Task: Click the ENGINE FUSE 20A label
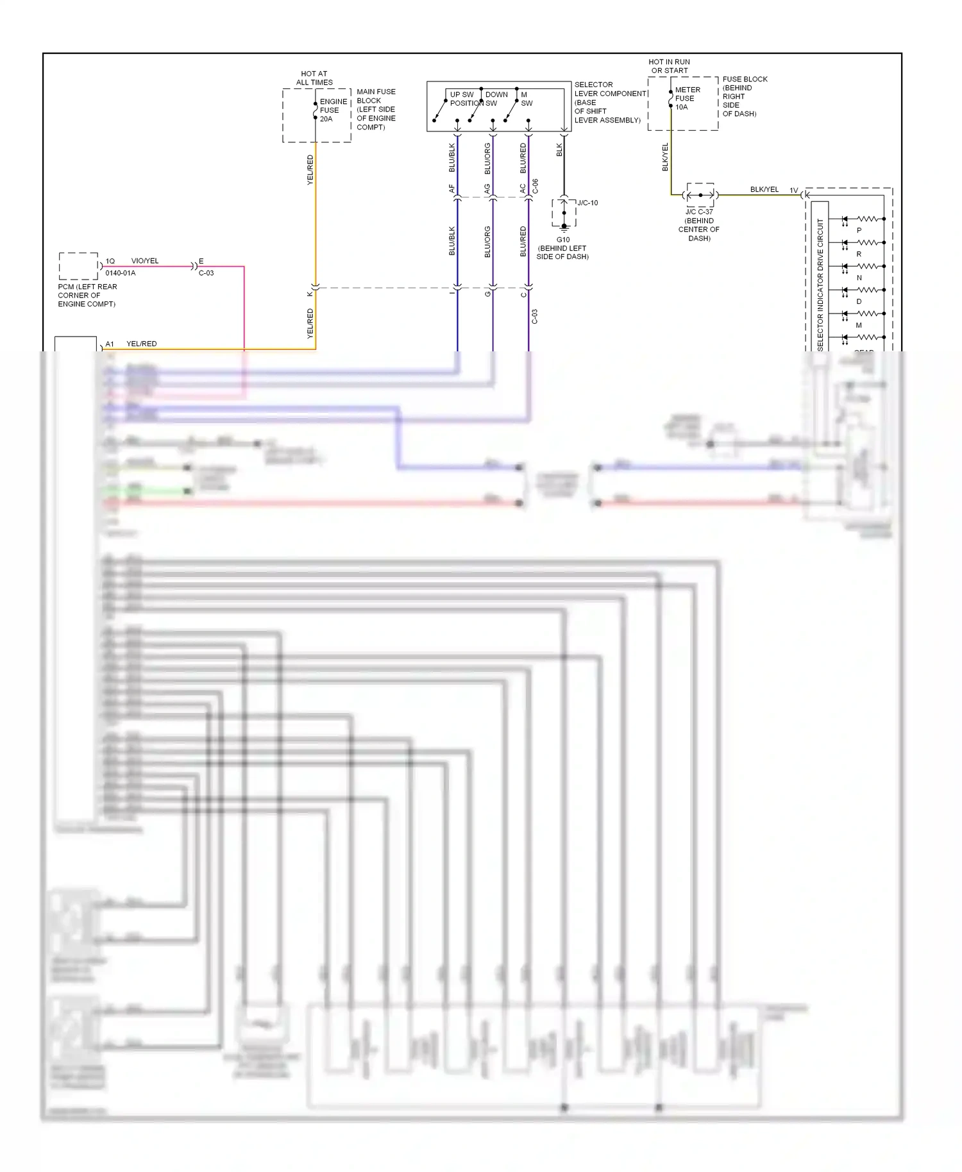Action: coord(333,110)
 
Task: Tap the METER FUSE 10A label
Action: coord(687,99)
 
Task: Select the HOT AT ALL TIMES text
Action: coord(314,78)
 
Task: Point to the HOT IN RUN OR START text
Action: coord(669,66)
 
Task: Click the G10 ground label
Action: coord(562,240)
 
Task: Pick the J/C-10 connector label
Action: coord(587,203)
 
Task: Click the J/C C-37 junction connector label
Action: coord(699,212)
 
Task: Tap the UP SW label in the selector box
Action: coord(462,95)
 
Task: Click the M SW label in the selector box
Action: coord(526,99)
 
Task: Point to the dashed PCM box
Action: coord(78,266)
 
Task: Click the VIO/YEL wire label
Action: coord(145,261)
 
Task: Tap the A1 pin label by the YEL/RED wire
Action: coord(110,344)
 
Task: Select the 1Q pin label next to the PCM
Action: coord(110,261)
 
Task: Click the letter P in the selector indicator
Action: coord(859,230)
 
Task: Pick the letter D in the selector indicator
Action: coord(859,301)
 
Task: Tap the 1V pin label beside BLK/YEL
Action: coord(793,190)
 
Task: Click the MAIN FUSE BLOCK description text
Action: coord(376,109)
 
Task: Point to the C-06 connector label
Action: coord(536,186)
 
